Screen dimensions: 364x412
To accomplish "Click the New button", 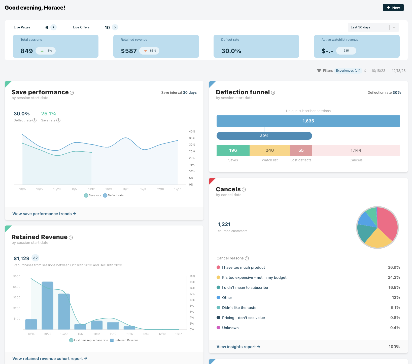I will point(393,8).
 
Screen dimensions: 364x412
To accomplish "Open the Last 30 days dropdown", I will point(373,27).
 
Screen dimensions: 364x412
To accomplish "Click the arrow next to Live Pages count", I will point(53,27).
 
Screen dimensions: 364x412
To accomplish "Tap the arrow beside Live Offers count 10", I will point(115,27).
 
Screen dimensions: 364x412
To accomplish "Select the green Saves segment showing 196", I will point(233,150).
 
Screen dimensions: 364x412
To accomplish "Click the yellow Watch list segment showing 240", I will point(270,150).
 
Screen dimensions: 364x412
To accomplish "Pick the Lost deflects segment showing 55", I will point(301,150).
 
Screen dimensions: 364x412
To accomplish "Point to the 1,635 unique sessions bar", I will point(308,121).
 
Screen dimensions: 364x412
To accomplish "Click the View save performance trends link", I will point(44,214).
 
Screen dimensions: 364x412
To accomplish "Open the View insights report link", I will point(238,347).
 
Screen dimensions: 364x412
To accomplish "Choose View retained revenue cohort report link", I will point(50,358).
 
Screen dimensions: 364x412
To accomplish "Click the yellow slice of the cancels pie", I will point(378,239).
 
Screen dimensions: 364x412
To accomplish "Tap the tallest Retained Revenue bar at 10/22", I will point(47,305).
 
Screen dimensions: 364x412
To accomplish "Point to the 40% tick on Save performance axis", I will point(192,131).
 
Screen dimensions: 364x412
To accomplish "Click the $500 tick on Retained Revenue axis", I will point(17,276).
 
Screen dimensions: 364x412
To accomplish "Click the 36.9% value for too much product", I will point(394,267).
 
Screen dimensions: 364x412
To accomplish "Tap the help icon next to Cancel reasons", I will point(247,258).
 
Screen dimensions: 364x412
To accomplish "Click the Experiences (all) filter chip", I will point(348,71).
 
